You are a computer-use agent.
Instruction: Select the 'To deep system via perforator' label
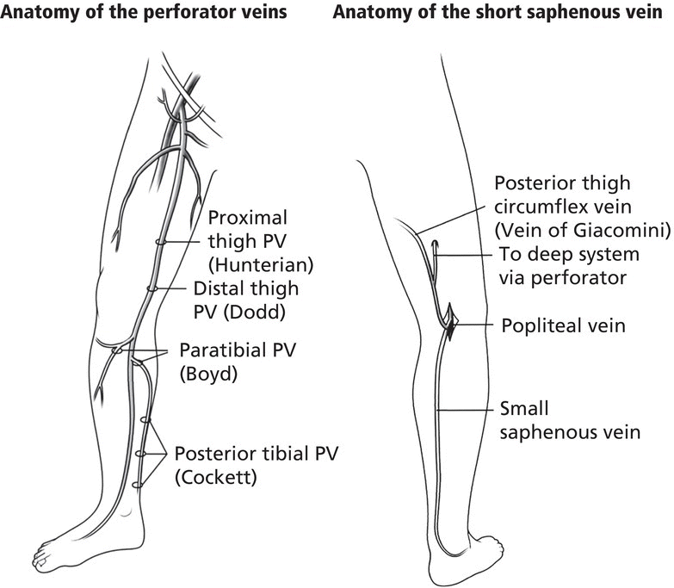tap(568, 266)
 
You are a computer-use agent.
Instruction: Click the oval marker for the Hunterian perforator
tap(161, 243)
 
